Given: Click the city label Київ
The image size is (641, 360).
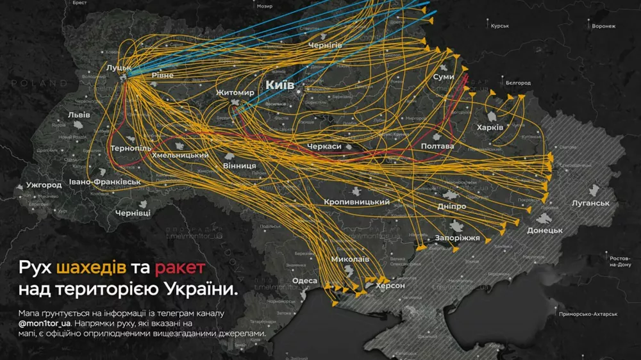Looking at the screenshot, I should coord(280,85).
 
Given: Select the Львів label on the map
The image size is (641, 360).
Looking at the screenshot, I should coord(79,115).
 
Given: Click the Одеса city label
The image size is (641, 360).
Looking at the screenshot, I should coord(304,281).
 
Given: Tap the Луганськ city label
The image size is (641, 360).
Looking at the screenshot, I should coord(590,203).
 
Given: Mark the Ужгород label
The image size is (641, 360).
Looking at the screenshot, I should coord(44,185).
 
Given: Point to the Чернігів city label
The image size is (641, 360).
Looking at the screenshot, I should coord(325,45).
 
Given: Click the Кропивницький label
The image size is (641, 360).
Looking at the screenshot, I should coord(357,202).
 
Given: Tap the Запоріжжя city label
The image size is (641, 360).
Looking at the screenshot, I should coord(458,238).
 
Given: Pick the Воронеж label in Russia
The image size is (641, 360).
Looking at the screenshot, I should coord(603,26).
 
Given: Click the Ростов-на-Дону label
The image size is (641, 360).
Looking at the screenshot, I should coord(620,261).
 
